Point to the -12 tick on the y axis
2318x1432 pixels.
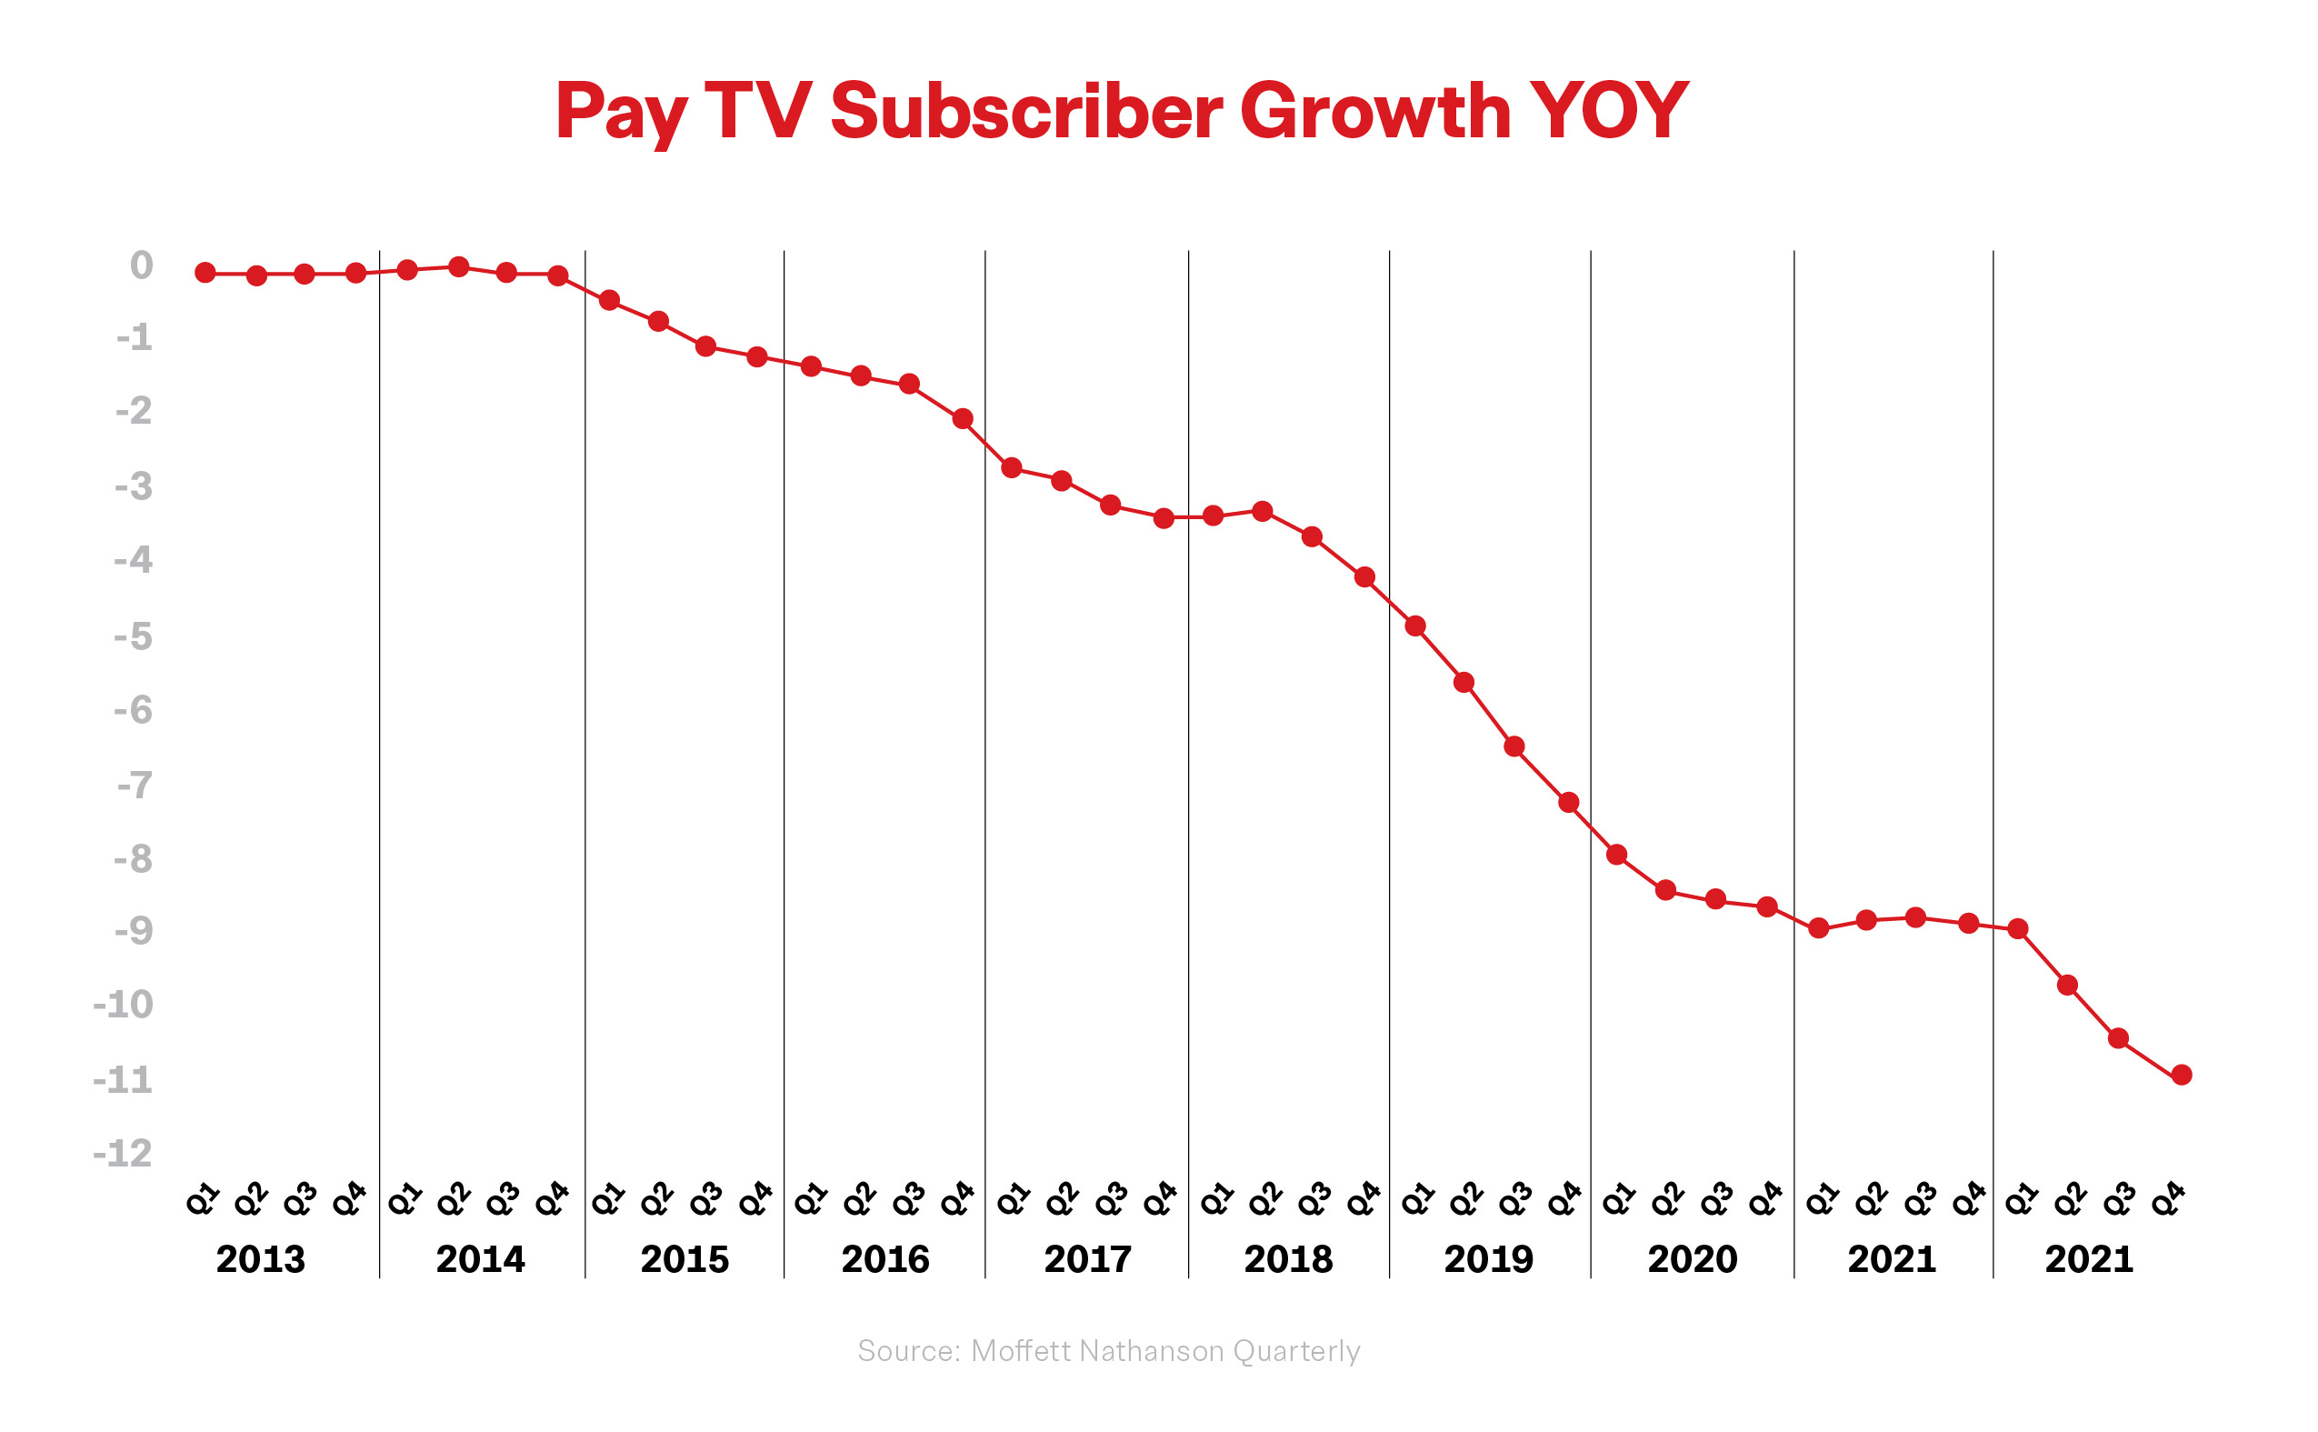tap(123, 1154)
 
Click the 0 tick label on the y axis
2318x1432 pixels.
tap(141, 266)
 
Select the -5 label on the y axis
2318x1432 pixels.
tap(134, 636)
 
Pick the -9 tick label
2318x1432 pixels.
tap(134, 932)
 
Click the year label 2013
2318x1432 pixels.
tap(260, 1259)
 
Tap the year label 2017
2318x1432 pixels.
tap(1087, 1259)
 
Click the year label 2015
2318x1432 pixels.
tap(684, 1259)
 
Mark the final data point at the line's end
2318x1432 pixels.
tap(2181, 1075)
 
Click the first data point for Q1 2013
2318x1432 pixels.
tap(205, 273)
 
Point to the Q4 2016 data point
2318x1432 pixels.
tap(963, 418)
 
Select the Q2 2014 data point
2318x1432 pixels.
tap(458, 267)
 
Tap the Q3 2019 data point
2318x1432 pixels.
tap(1514, 747)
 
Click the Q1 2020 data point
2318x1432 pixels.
tap(1617, 856)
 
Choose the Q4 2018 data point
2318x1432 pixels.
tap(1364, 577)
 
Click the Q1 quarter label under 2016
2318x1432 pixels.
tap(810, 1199)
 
